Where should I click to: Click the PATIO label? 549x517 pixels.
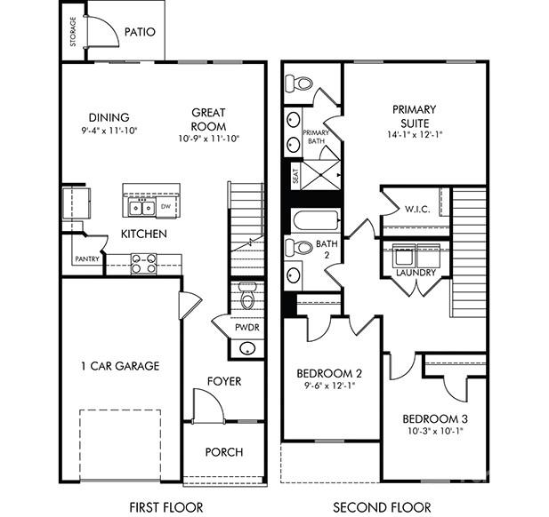[140, 32]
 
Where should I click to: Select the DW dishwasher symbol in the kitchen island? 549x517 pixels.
[166, 208]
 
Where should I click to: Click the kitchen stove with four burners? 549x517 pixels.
[144, 263]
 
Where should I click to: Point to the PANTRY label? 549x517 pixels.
[86, 260]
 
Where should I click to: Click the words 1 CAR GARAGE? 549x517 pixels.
[119, 365]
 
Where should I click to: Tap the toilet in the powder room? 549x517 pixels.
[247, 296]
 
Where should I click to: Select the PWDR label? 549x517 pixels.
[246, 327]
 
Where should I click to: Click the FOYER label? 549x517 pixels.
[224, 381]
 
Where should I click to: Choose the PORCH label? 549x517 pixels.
[223, 452]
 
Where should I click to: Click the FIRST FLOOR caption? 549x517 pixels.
[166, 507]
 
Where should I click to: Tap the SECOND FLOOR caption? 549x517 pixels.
[383, 507]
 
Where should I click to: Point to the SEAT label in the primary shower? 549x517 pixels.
[293, 178]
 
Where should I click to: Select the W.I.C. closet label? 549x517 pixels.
[417, 210]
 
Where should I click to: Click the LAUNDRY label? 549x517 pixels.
[416, 273]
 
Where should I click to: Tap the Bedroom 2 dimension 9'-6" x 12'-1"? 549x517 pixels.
[329, 386]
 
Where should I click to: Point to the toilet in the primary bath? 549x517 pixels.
[299, 84]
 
